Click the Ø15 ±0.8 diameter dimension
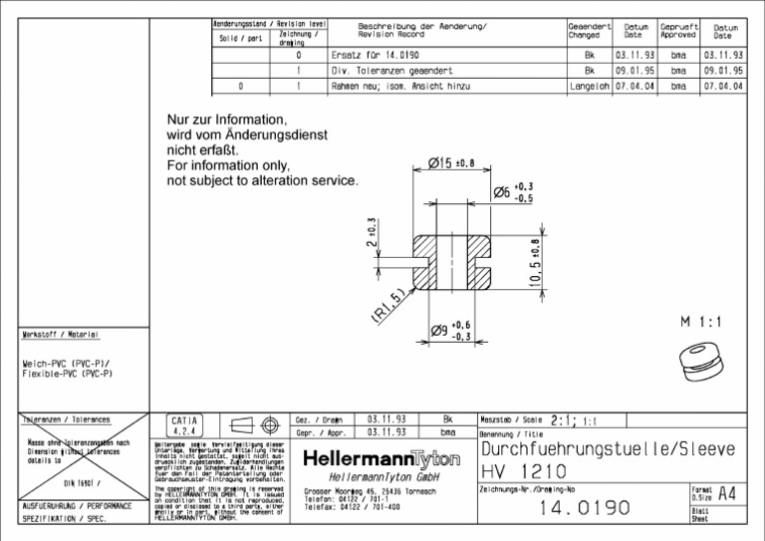click(x=450, y=163)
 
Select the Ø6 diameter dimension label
click(x=513, y=191)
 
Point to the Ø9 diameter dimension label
click(x=450, y=331)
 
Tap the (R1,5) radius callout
click(x=389, y=306)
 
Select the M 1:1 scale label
click(x=701, y=322)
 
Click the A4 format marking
click(x=727, y=493)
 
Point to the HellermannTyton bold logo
click(x=382, y=459)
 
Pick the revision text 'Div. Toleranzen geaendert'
click(x=392, y=72)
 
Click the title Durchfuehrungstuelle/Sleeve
click(x=608, y=448)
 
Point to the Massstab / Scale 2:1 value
click(x=568, y=420)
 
